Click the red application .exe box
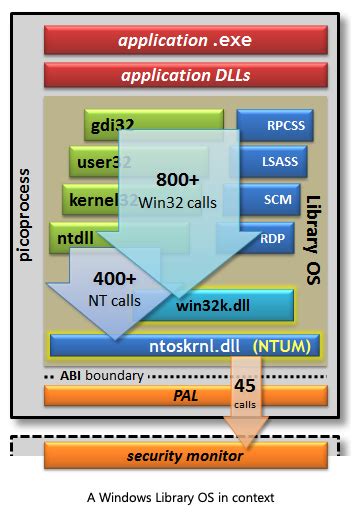click(x=185, y=41)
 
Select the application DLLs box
click(x=185, y=75)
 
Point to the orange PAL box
click(x=185, y=396)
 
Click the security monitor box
click(x=185, y=456)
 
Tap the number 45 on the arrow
click(x=245, y=385)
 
